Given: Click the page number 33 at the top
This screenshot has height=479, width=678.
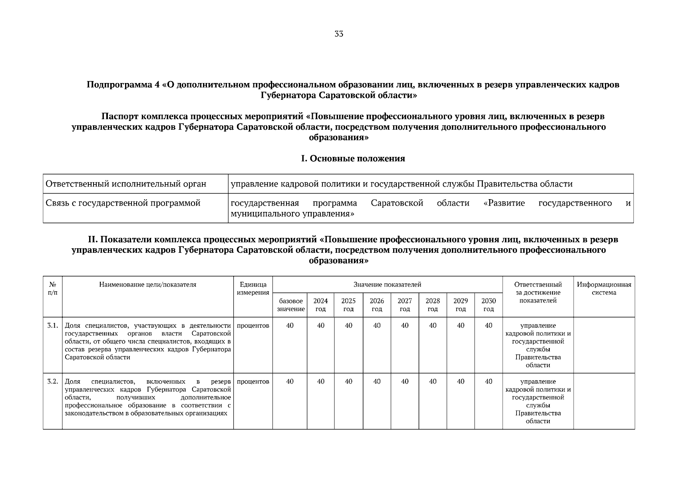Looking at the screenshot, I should [x=338, y=34].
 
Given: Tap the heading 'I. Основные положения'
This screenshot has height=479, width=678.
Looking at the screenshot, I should [x=353, y=158].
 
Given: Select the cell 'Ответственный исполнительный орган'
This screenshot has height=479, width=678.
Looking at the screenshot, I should [x=126, y=184].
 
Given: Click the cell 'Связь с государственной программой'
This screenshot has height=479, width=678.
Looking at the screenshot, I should [x=123, y=203].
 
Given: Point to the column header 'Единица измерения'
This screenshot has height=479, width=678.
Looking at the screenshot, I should [x=253, y=289].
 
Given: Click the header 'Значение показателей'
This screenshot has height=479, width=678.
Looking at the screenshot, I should [x=387, y=285].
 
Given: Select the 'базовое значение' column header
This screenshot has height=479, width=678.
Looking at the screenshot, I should [x=290, y=305].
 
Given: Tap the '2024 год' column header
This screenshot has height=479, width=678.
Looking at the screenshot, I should [x=320, y=305].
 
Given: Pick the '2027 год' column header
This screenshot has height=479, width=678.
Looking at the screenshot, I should [x=405, y=305].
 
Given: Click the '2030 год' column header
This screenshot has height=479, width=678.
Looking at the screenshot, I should [x=488, y=305].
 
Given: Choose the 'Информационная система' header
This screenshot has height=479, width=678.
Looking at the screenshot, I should [x=604, y=289].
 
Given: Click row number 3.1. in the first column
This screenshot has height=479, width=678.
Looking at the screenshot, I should [x=53, y=325].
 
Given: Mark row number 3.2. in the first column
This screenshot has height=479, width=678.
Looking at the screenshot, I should [x=53, y=381].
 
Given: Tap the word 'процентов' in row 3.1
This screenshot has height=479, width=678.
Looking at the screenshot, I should [x=253, y=325].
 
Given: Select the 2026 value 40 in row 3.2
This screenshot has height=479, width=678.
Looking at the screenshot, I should [x=377, y=381].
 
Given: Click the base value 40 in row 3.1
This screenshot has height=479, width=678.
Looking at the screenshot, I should [x=290, y=325].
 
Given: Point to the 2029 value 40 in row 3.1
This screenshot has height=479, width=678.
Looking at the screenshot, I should [x=460, y=325].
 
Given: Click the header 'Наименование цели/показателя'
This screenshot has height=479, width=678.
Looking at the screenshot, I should [x=148, y=285].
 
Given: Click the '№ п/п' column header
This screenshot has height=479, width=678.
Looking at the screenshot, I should [x=52, y=289].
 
